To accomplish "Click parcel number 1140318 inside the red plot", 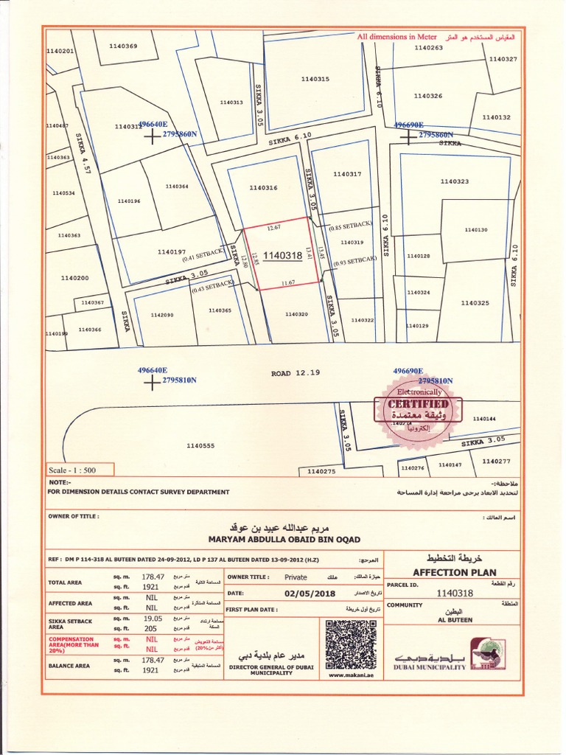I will (282, 256).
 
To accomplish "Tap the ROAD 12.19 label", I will (296, 373).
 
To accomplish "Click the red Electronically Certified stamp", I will (418, 408).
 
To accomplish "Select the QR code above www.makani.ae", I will (351, 644).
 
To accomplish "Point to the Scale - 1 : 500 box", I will (71, 470).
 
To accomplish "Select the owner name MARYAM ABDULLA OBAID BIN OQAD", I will (284, 540).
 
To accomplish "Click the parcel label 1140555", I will (200, 446).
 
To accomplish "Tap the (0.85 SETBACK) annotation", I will (352, 226).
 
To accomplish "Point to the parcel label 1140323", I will (454, 181).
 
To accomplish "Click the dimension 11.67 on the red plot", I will (288, 283).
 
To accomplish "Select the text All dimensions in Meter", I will (397, 36).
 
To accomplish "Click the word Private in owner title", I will (296, 577).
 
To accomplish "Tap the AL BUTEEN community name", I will (458, 620).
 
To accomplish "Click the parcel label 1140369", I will (123, 46).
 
